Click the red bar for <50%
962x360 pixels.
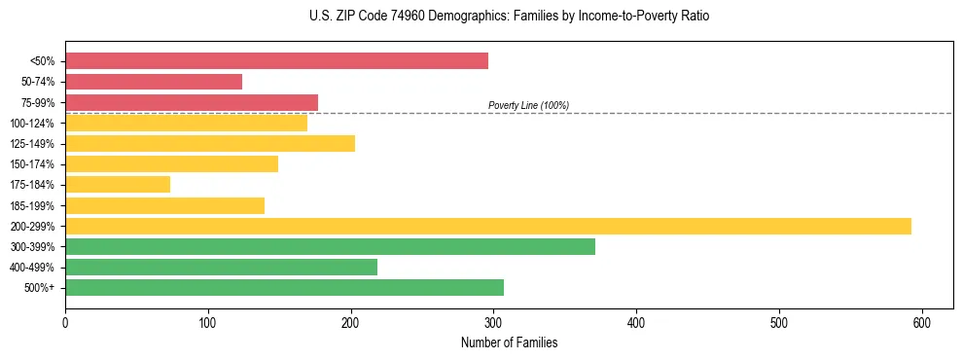276,61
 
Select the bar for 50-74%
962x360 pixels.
154,82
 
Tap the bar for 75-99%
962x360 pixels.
192,102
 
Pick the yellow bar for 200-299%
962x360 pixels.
488,227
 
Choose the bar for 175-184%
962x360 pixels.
118,185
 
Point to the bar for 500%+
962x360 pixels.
284,288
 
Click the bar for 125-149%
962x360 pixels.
210,144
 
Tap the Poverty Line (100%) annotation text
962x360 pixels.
528,105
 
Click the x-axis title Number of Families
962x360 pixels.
509,342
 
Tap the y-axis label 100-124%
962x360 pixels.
32,124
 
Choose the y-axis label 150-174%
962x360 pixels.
32,164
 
